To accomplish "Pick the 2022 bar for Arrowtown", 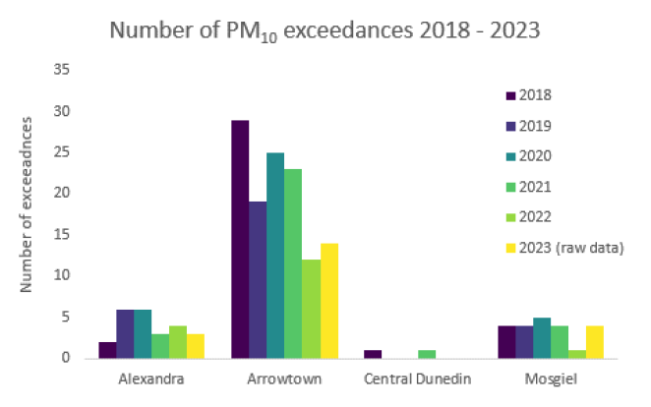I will pos(310,309).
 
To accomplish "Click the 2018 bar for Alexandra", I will pos(107,350).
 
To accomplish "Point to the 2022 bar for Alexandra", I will pos(177,342).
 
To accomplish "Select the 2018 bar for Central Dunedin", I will pos(373,354).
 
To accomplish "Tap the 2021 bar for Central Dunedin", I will pos(426,354).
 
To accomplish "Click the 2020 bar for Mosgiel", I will pos(542,338).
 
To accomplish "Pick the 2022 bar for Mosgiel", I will pos(577,354).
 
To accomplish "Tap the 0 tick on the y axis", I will pos(67,358).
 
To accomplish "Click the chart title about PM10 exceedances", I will pos(325,29).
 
